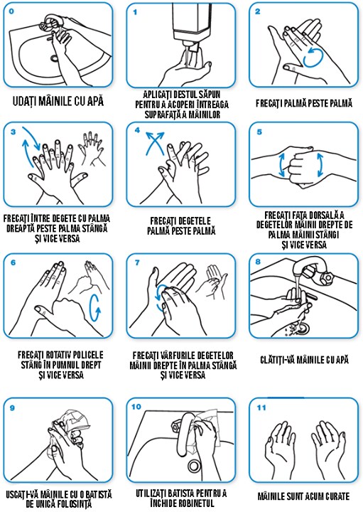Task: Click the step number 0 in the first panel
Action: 12,11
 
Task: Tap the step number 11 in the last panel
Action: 261,407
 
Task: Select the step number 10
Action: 136,407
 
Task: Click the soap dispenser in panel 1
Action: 188,24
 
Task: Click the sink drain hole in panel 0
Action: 55,58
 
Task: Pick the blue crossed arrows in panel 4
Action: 155,143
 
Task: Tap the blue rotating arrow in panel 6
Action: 95,308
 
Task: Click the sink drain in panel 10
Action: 194,465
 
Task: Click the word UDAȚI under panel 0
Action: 25,100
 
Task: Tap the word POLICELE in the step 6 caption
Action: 87,355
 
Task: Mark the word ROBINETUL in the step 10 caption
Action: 196,503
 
